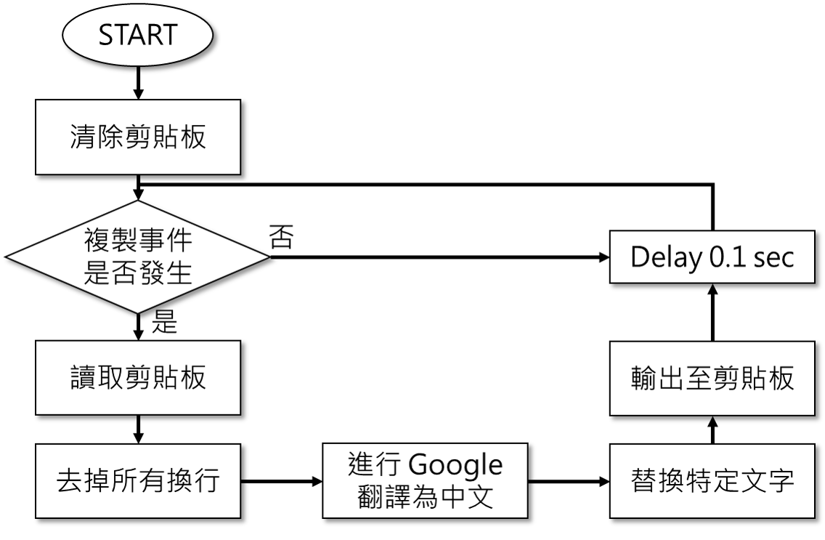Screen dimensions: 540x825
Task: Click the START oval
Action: coord(138,35)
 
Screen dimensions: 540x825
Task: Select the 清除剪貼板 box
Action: coord(138,137)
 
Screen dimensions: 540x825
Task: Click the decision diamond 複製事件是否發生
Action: coord(138,257)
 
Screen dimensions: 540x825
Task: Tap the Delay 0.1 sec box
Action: coord(712,257)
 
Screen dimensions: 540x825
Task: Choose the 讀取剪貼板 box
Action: coord(138,378)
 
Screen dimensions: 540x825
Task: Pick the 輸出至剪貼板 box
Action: coord(712,379)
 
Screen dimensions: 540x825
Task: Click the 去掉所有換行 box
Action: coord(138,481)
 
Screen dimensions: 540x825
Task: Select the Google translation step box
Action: coord(426,481)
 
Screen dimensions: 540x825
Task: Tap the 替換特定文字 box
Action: coord(712,481)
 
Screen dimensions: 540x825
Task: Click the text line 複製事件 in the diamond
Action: coord(138,241)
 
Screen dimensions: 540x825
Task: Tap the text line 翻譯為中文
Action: coord(426,497)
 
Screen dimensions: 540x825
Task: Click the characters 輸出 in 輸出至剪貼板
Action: coord(649,379)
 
